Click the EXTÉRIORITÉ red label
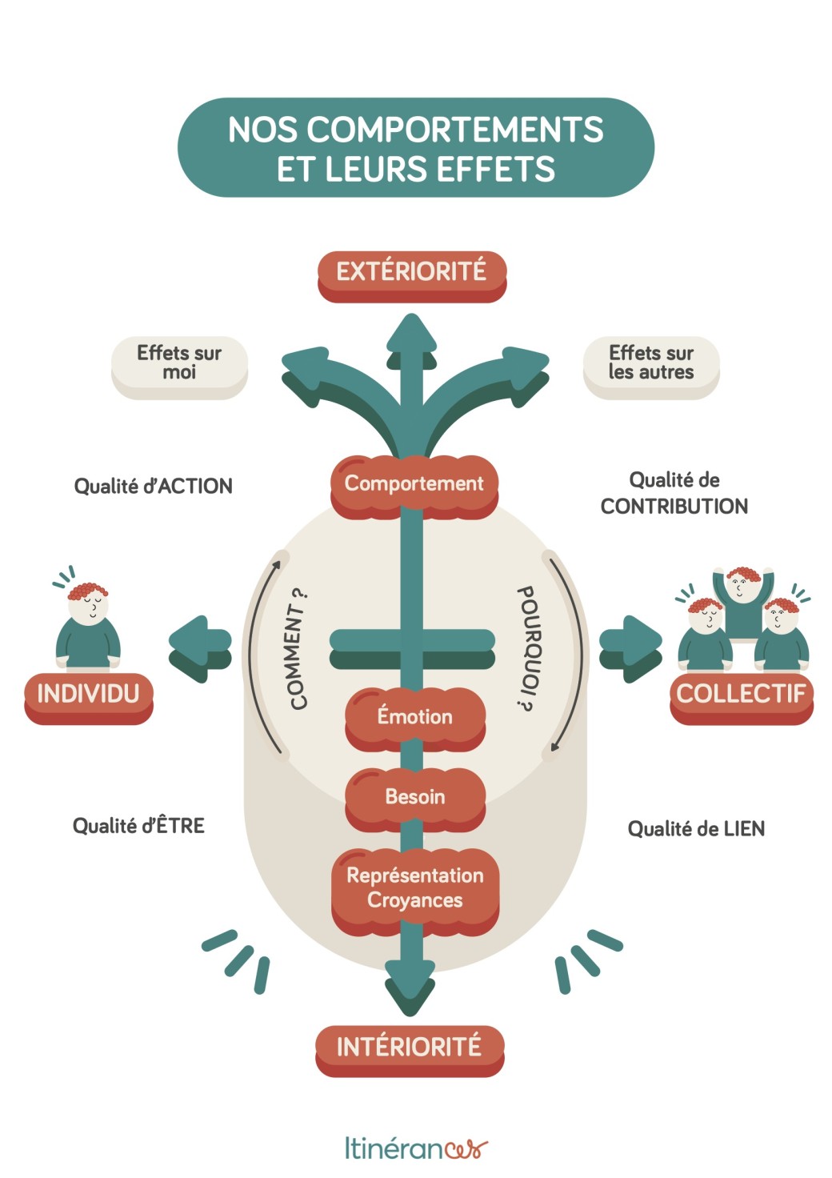click(411, 272)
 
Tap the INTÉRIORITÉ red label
click(409, 1047)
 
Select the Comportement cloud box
click(414, 483)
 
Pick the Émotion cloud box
click(414, 716)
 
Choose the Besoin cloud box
click(414, 797)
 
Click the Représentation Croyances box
click(414, 888)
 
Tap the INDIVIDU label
click(88, 694)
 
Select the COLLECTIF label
click(741, 694)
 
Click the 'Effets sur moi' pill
click(179, 363)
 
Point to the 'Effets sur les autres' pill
click(651, 363)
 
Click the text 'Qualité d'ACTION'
click(153, 487)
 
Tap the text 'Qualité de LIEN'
click(696, 829)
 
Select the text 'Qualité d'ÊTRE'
click(138, 826)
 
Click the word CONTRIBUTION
click(674, 507)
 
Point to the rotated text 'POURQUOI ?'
click(526, 648)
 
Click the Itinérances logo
click(416, 1148)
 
